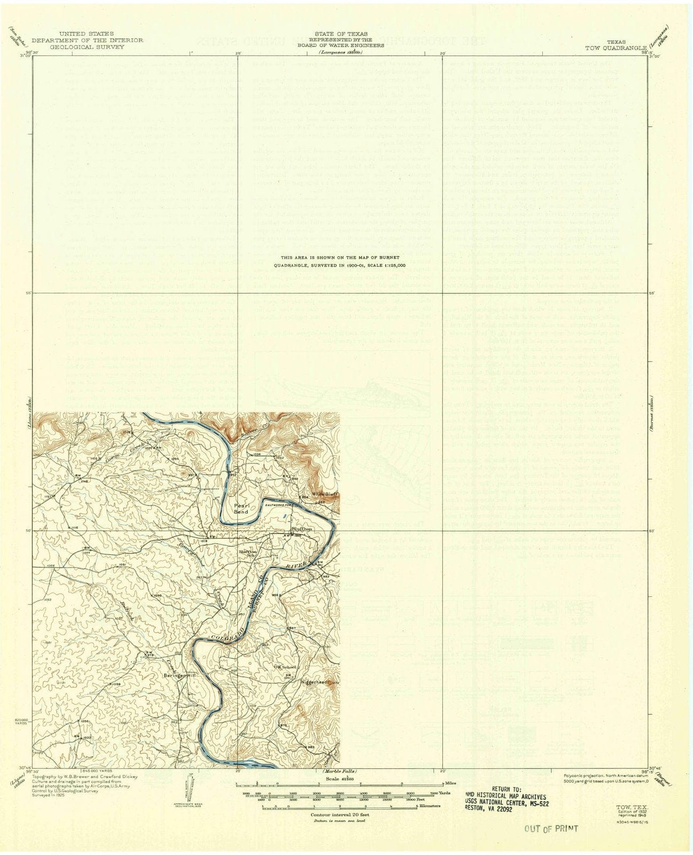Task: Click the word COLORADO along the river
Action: tap(227, 633)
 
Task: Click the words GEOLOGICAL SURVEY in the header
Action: tap(87, 47)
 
